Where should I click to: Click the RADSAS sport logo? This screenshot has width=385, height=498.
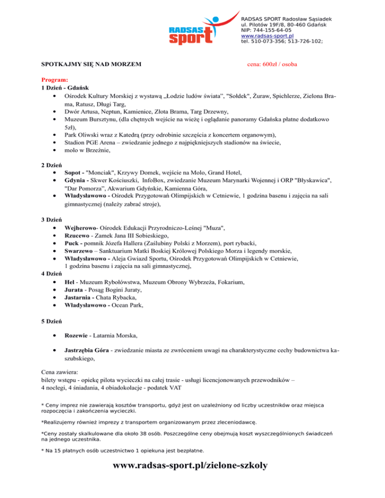(x=194, y=31)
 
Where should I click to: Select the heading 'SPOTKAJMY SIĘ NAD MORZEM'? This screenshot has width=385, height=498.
(x=91, y=65)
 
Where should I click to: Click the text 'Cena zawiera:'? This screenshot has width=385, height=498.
(x=60, y=372)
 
